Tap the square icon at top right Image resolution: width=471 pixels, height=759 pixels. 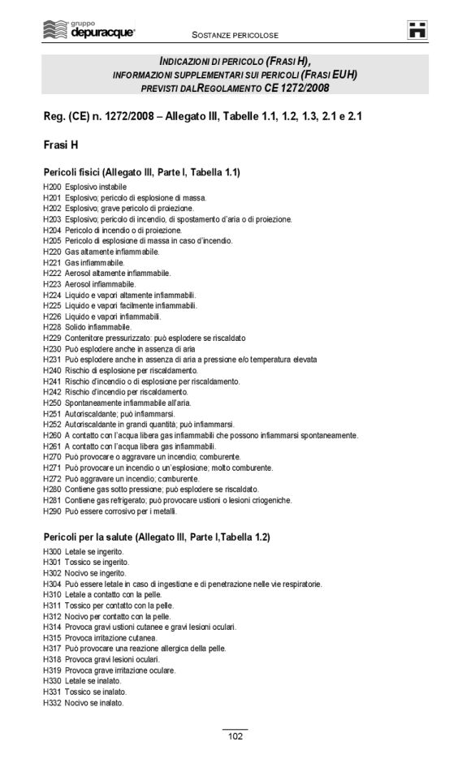(418, 30)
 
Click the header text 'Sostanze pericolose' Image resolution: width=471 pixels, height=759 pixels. (235, 36)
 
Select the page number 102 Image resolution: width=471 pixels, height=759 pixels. (235, 736)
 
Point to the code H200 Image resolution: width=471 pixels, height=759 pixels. (52, 188)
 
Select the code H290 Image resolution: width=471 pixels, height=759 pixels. (52, 511)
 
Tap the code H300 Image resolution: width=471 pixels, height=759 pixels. (52, 551)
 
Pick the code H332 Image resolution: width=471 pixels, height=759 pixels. (52, 703)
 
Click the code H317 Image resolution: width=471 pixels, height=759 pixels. (52, 649)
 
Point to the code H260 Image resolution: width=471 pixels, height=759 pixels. (52, 436)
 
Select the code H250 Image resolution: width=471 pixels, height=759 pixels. (52, 403)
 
